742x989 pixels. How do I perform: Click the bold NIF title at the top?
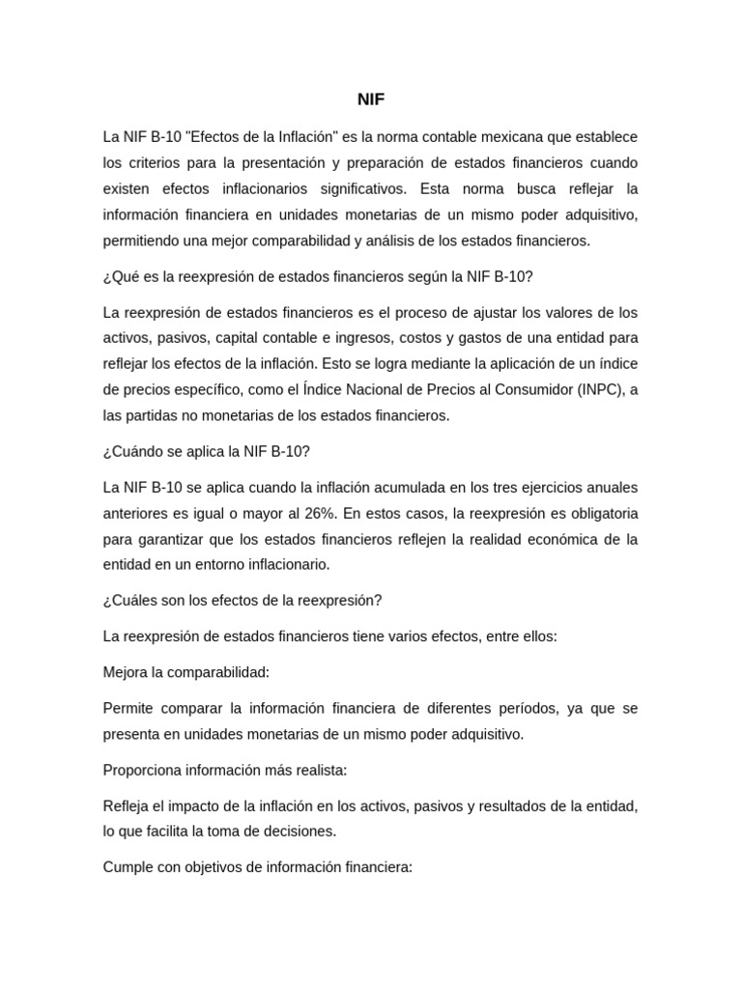coord(370,99)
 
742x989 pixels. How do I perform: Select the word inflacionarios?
coord(288,187)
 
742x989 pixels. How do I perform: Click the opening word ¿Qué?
coord(120,276)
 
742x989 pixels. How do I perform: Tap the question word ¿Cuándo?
coord(133,451)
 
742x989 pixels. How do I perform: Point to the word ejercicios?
coord(539,487)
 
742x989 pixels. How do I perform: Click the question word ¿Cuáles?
coord(129,600)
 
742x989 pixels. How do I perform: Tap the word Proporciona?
coord(141,770)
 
